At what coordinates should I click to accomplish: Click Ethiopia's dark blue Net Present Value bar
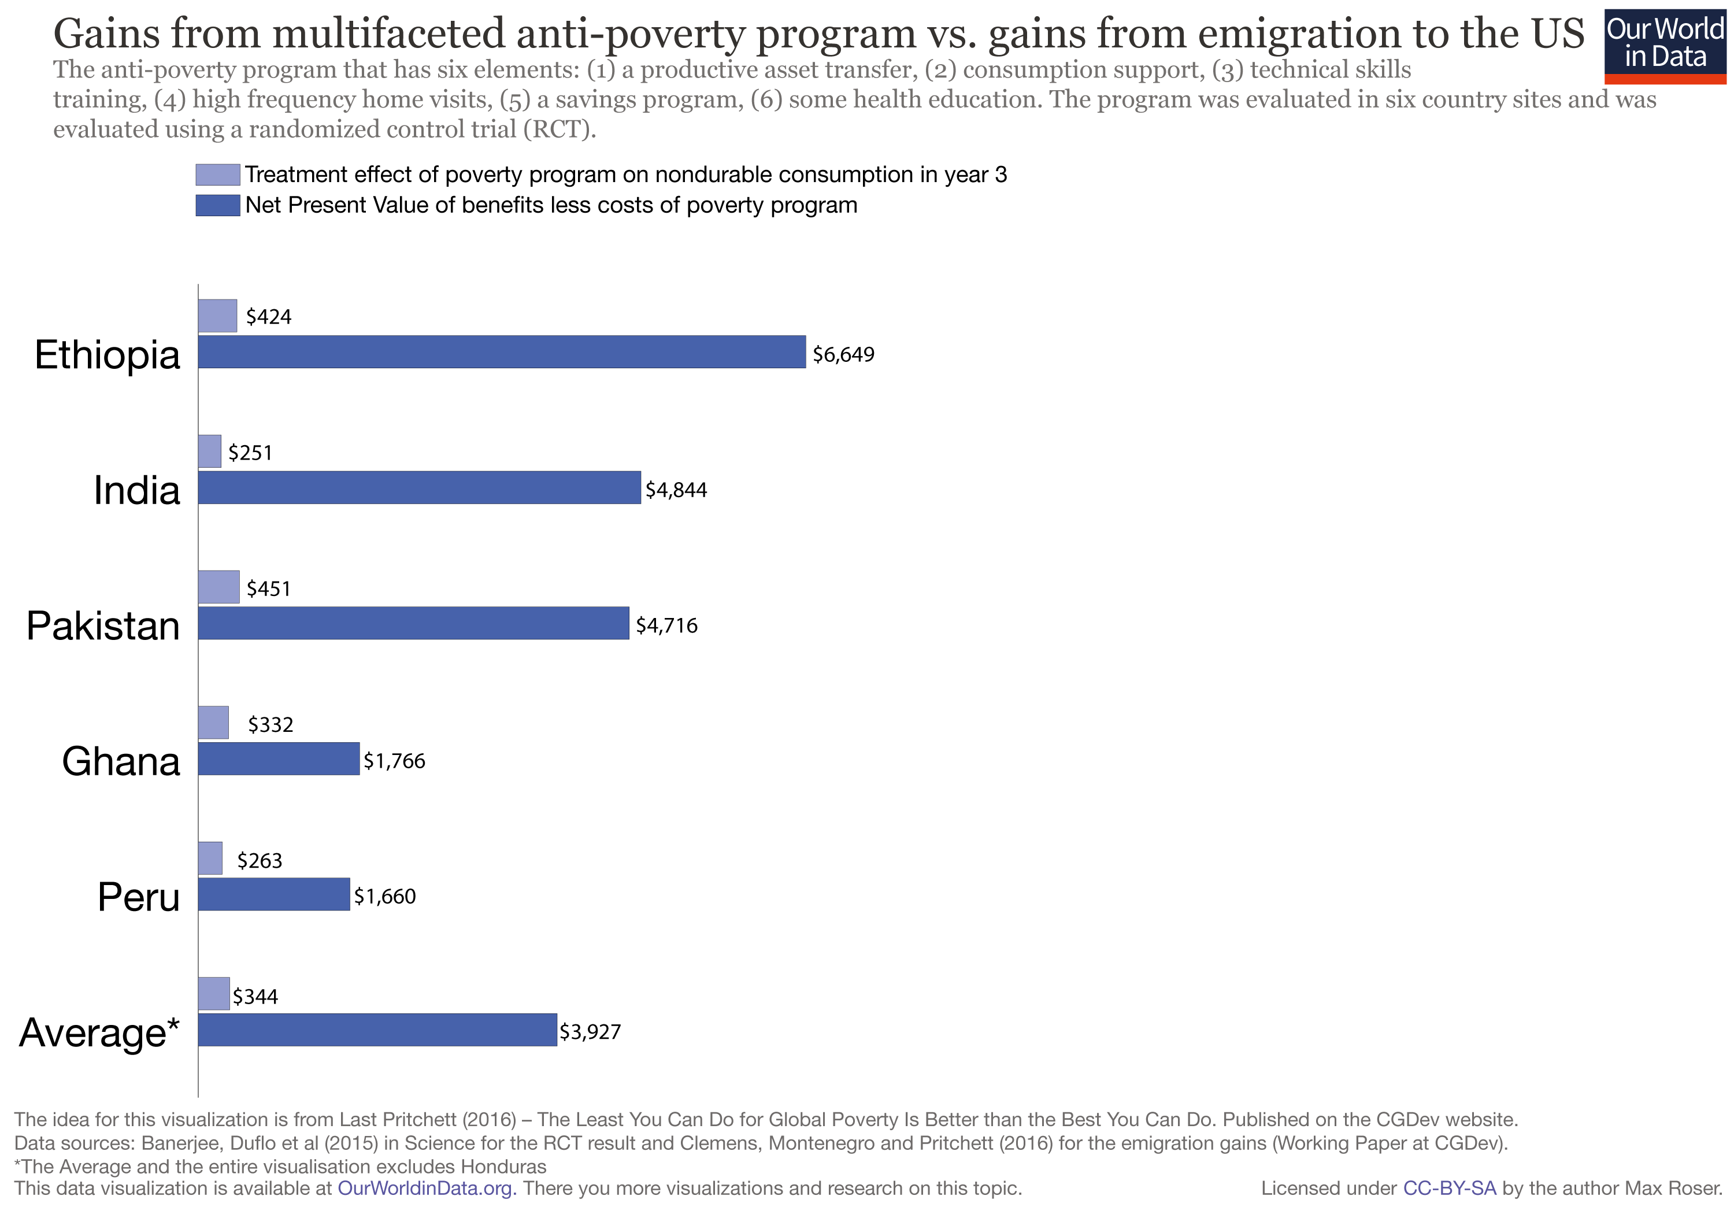click(x=502, y=352)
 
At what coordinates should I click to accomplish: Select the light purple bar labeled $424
click(x=217, y=316)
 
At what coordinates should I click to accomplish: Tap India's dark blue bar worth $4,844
click(x=419, y=488)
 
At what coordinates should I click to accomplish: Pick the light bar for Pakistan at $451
click(x=219, y=587)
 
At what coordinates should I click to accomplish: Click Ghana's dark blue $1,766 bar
click(x=279, y=758)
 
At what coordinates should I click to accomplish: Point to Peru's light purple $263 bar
click(x=210, y=858)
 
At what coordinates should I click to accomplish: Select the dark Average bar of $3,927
click(x=377, y=1030)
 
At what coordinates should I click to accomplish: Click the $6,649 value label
click(x=843, y=354)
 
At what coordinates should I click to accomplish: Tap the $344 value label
click(x=255, y=997)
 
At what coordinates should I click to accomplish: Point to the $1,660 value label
click(x=384, y=897)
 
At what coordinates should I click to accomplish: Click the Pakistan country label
click(x=103, y=625)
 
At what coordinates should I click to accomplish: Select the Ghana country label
click(x=121, y=761)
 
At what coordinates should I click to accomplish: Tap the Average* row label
click(x=99, y=1032)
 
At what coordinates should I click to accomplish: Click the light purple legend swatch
click(x=217, y=175)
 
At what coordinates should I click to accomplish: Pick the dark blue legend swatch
click(x=217, y=205)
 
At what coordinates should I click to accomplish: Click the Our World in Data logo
click(x=1665, y=45)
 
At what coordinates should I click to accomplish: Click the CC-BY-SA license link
click(x=1448, y=1189)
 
